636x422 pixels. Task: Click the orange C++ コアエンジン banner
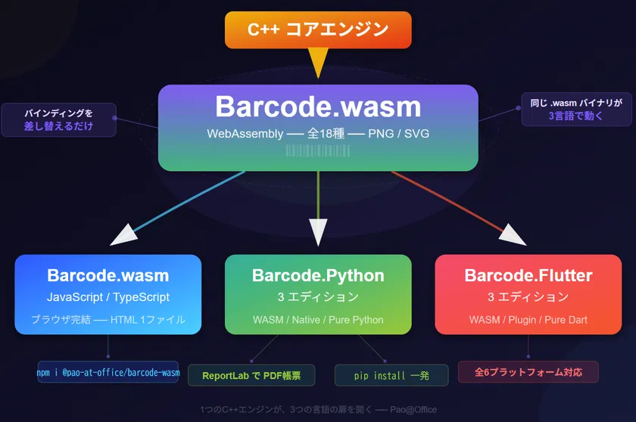(x=318, y=30)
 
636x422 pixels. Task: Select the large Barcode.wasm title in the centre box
(x=318, y=107)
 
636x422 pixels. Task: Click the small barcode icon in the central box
(x=318, y=150)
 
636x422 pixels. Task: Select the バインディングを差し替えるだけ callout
(x=58, y=119)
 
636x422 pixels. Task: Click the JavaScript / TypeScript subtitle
(x=108, y=297)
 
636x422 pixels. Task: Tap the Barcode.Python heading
(x=318, y=275)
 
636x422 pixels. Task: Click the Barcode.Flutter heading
(x=528, y=275)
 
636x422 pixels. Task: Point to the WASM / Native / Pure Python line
(x=318, y=320)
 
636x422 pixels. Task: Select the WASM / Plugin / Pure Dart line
(x=528, y=320)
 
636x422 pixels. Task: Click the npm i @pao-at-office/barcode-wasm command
(x=108, y=372)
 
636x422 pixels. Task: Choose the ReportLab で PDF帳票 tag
(x=251, y=375)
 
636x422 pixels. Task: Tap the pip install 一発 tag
(x=386, y=375)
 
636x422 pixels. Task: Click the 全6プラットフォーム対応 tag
(x=528, y=372)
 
